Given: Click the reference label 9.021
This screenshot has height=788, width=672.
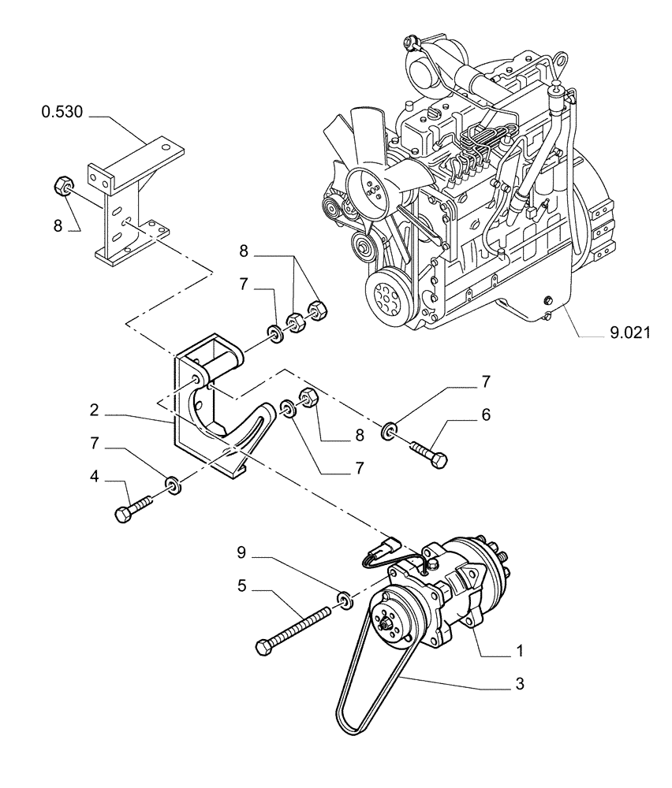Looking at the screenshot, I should [x=629, y=333].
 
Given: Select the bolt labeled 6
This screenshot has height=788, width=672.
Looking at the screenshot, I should [x=427, y=453].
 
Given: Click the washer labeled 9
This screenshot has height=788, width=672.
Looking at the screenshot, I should [x=344, y=601].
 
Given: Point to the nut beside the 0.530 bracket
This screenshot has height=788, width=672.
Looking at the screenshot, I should [x=62, y=187].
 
